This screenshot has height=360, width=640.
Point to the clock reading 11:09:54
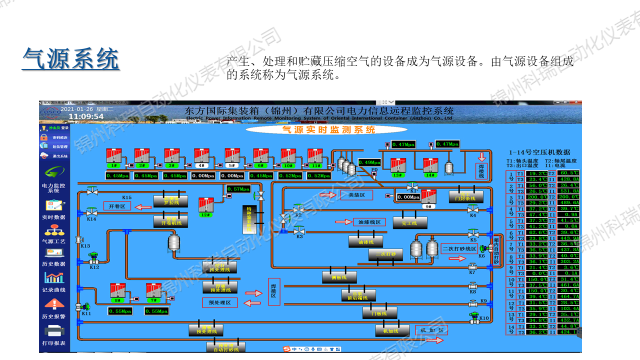coord(86,116)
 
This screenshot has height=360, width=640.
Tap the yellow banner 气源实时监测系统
coord(328,129)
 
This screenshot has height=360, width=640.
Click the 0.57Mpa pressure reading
coord(238,189)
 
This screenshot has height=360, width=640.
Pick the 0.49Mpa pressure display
coord(369,162)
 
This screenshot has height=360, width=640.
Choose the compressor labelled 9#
coord(428,198)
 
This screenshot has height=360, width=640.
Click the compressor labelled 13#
coord(397,167)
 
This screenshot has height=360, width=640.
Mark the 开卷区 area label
coord(117,206)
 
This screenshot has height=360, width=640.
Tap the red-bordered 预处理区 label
coord(219,302)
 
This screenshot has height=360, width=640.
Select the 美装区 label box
coord(356,195)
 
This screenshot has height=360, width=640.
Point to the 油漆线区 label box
coord(369,222)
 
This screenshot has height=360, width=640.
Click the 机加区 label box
coord(431,330)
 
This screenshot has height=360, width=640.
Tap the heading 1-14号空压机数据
coord(539,152)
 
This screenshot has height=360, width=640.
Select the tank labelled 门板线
coord(379,312)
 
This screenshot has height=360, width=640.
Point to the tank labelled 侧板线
coord(339,276)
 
